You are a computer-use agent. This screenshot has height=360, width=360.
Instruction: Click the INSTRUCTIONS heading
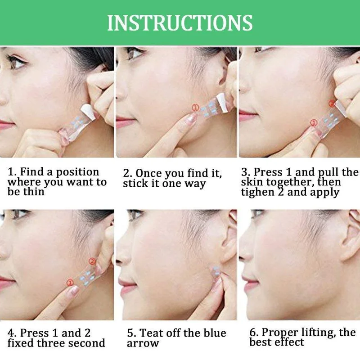click(180, 22)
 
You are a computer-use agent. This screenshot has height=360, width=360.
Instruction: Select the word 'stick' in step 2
click(135, 184)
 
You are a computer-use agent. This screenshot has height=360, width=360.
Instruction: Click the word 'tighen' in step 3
click(257, 193)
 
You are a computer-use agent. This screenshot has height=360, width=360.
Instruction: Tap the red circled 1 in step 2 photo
click(195, 108)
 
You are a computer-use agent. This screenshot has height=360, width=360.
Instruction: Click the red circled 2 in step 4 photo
click(92, 261)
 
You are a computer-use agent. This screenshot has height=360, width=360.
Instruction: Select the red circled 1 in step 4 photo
click(70, 283)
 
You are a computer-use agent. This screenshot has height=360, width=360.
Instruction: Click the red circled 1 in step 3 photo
click(314, 123)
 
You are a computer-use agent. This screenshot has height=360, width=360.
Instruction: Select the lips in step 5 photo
click(125, 285)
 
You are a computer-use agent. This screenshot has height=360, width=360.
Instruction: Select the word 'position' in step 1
click(77, 172)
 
